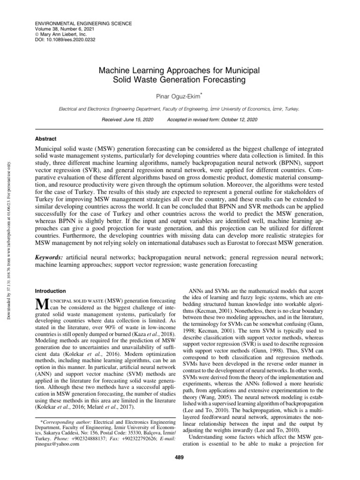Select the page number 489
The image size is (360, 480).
pos(180,457)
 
